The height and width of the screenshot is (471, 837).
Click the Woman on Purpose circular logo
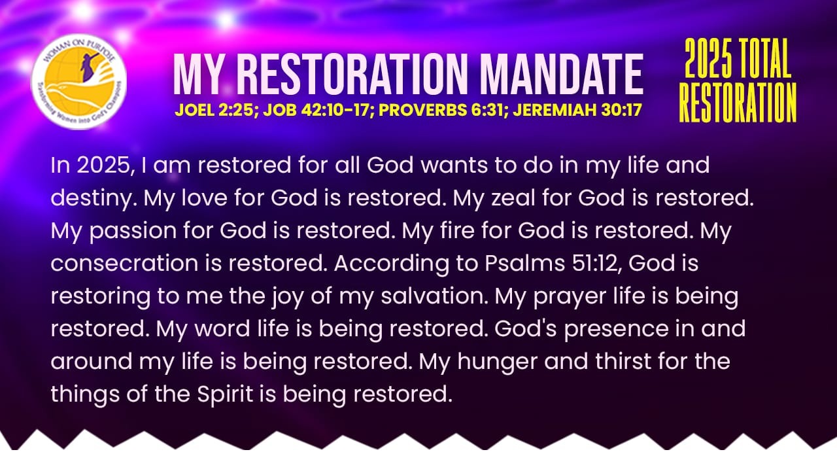(79, 82)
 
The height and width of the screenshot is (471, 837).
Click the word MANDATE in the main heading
(562, 75)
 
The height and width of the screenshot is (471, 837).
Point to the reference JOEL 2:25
(214, 110)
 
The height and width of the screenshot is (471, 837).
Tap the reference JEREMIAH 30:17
(577, 110)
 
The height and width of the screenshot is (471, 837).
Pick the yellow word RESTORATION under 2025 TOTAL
(738, 102)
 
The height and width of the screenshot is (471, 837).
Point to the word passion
(133, 232)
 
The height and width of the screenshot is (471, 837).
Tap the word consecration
(124, 263)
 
